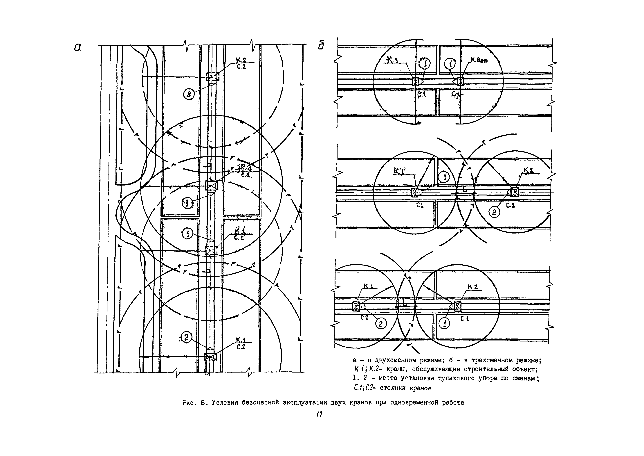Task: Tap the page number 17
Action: click(320, 414)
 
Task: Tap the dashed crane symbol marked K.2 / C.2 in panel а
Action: click(212, 76)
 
